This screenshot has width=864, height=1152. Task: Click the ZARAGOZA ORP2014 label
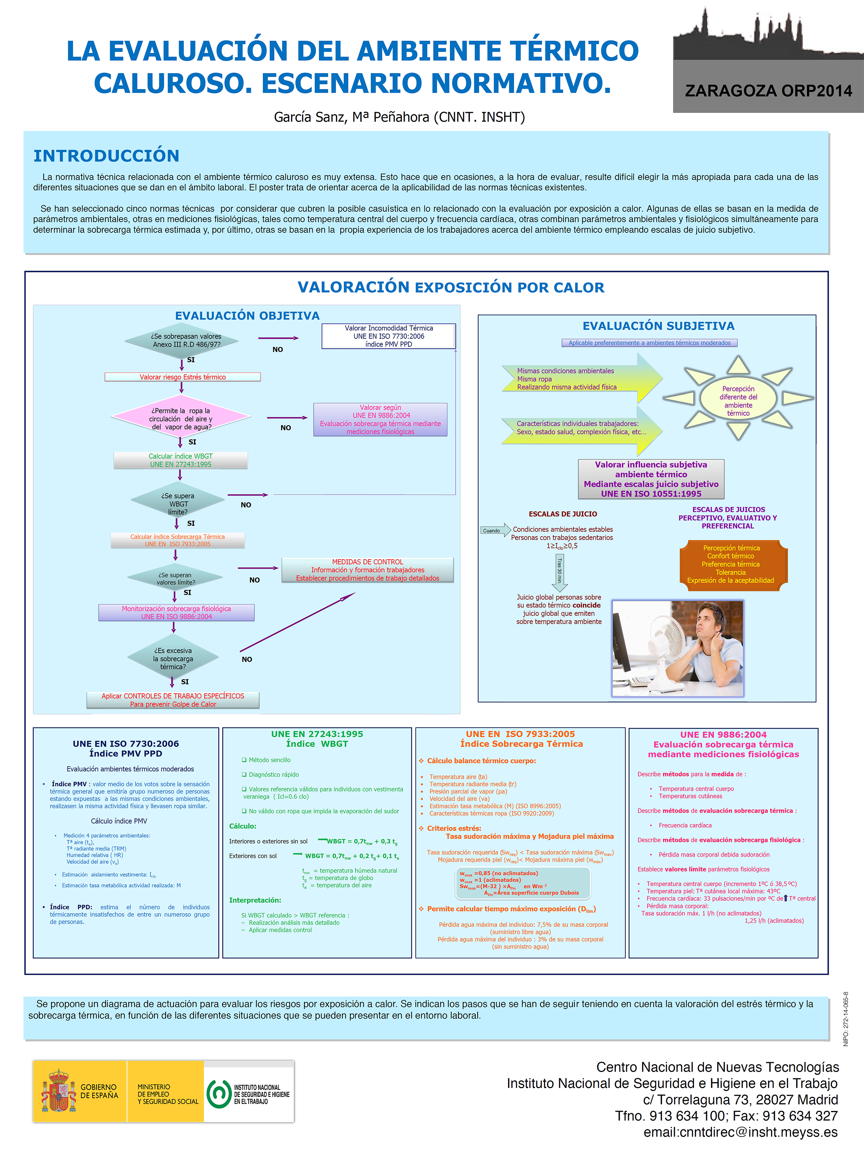tap(768, 91)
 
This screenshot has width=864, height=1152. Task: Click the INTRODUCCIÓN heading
tap(106, 156)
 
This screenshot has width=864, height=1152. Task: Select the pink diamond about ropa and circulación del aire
tap(181, 418)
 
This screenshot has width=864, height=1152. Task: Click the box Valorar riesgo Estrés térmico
tap(182, 377)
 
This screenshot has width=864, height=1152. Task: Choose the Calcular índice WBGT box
tap(181, 460)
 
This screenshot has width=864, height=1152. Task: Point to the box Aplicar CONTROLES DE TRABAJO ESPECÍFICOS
tap(173, 699)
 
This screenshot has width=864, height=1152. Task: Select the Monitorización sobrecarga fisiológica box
tap(176, 612)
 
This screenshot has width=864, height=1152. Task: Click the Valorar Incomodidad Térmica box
tap(388, 336)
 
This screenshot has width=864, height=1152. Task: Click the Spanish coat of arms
tap(58, 1091)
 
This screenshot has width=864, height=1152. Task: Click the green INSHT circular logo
tap(219, 1094)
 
